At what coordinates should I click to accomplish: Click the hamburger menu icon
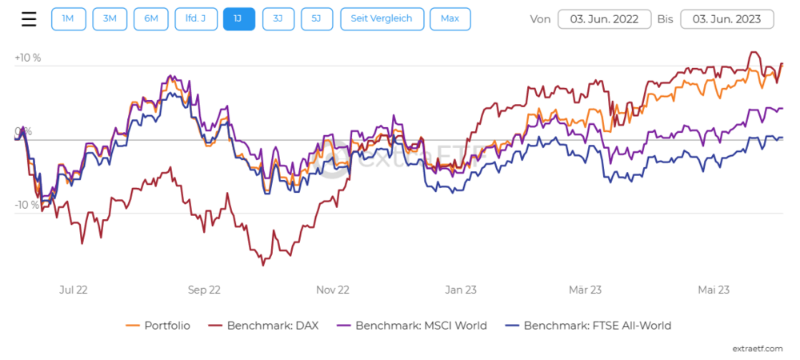click(29, 19)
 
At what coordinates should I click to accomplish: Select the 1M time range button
click(68, 19)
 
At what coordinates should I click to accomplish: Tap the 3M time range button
click(109, 19)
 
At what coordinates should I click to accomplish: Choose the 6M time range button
click(150, 19)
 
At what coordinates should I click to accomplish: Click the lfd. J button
click(195, 19)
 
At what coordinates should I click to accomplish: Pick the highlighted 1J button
click(239, 19)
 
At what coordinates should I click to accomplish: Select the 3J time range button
click(278, 19)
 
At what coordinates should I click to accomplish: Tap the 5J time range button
click(317, 19)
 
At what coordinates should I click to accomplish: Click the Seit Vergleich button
click(382, 19)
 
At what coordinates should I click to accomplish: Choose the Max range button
click(450, 19)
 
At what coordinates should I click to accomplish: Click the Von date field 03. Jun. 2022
click(604, 19)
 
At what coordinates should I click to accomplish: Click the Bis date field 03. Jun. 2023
click(727, 19)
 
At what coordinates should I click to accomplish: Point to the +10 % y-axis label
click(27, 58)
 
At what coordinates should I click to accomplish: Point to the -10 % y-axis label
click(26, 205)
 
